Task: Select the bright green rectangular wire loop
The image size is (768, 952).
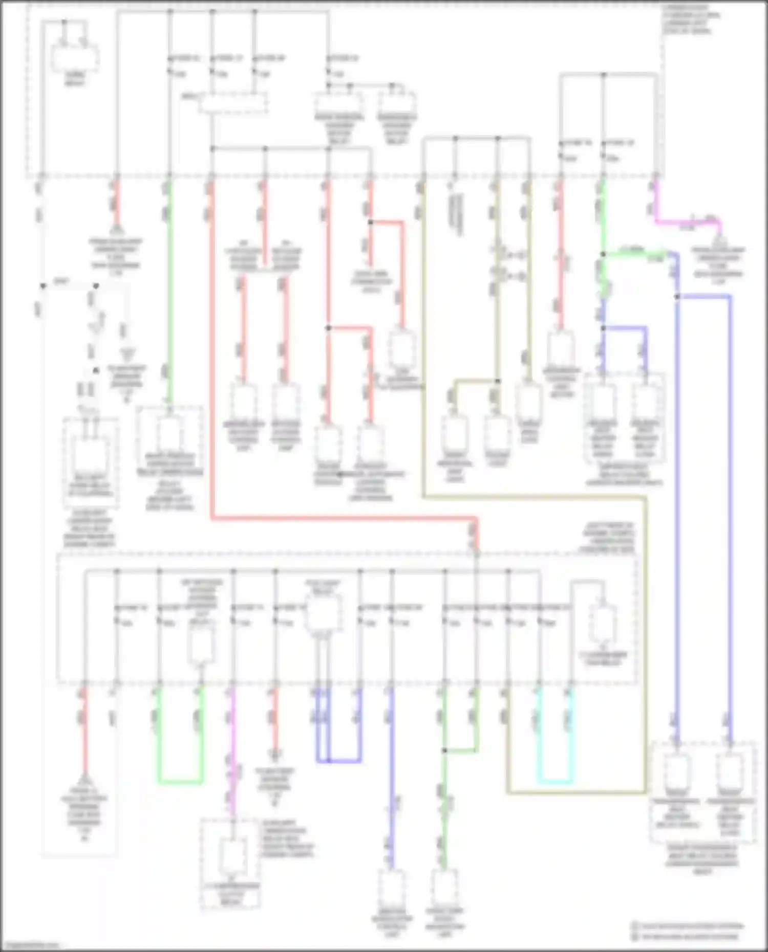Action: click(x=180, y=782)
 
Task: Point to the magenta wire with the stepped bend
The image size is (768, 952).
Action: click(x=686, y=222)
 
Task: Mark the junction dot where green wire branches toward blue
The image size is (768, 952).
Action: click(x=604, y=254)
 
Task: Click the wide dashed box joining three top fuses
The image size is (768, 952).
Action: click(x=233, y=103)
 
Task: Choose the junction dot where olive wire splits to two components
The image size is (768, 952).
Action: click(x=497, y=381)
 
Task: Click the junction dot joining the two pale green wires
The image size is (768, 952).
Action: click(x=445, y=750)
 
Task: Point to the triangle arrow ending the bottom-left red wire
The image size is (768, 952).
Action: click(x=85, y=780)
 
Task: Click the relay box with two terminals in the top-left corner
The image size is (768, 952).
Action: click(x=75, y=57)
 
